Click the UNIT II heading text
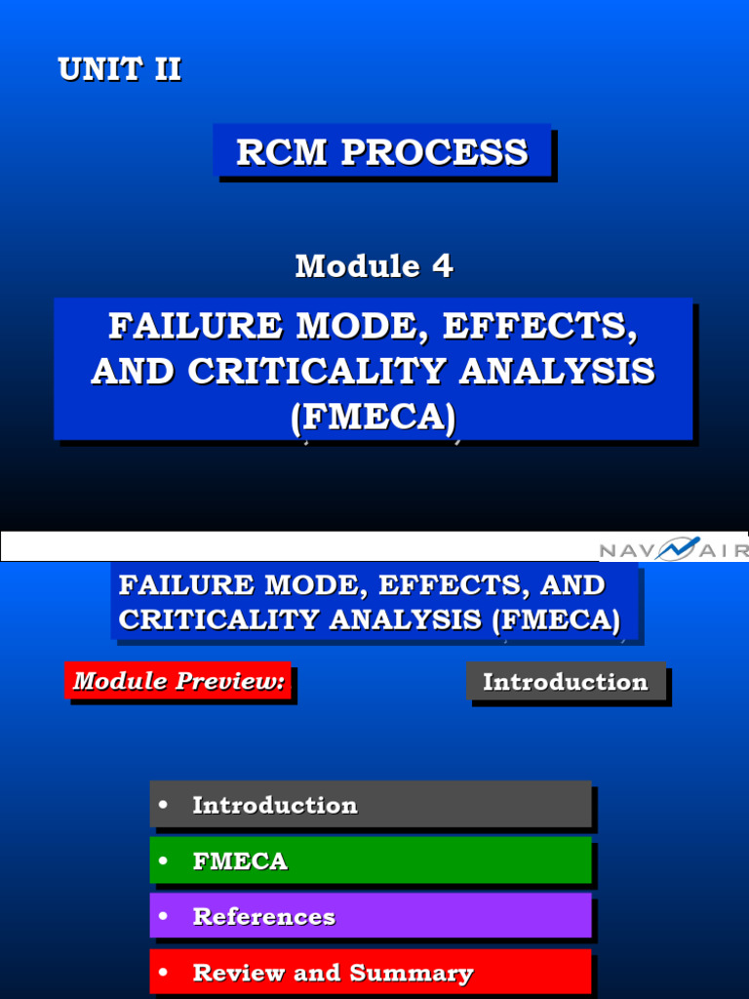pos(119,70)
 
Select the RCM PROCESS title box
pos(382,151)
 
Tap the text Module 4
pos(374,266)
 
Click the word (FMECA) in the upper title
pos(374,417)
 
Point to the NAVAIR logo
pos(673,550)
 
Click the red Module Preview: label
pos(179,681)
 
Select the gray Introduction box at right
pos(566,682)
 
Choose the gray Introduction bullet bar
pos(371,805)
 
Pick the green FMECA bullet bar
pos(371,861)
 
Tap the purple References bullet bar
pos(371,917)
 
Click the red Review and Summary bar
pos(371,973)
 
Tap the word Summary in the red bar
pos(412,973)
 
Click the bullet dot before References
pos(163,916)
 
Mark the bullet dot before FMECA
pos(163,860)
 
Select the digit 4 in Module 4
pos(443,266)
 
